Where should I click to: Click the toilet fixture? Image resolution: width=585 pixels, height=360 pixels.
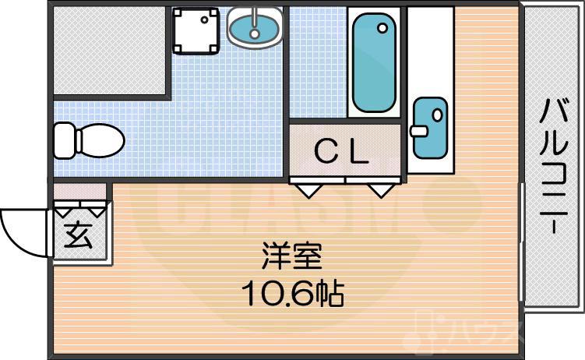89,140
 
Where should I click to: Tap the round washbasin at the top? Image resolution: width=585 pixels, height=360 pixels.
255,26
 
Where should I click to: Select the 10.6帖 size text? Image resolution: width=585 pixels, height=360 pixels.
292,292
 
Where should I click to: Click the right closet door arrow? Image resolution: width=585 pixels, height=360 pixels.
381,188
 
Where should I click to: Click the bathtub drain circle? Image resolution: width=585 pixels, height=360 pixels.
382,28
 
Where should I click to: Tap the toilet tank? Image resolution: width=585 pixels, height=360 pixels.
63,140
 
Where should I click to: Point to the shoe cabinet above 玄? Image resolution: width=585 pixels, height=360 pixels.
79,190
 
